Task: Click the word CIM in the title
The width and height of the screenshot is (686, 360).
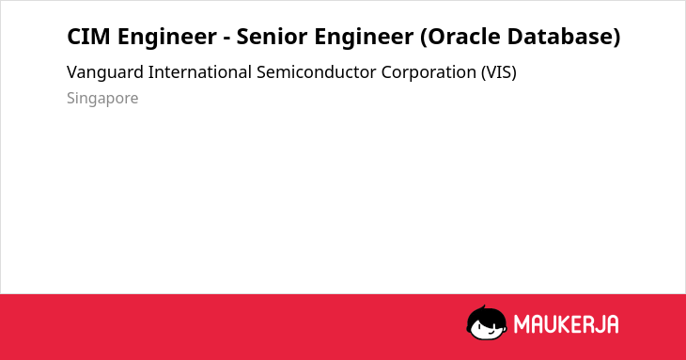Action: point(88,37)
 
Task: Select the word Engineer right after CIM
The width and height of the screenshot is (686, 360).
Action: point(167,37)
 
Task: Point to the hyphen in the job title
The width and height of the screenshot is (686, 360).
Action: point(226,39)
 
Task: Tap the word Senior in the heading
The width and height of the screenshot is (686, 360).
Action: point(273,37)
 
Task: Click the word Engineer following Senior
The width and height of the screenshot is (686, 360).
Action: point(364,37)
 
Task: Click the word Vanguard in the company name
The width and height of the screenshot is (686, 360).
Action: point(105,72)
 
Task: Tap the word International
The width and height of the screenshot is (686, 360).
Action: point(200,72)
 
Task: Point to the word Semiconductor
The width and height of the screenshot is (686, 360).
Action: point(317,72)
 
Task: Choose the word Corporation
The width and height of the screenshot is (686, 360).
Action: point(429,72)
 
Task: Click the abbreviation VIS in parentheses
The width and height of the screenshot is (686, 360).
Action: point(499,72)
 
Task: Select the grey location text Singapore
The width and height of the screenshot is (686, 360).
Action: point(102,99)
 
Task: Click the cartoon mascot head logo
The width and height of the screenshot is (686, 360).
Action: point(487,322)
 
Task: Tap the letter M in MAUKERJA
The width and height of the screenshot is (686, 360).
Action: point(522,324)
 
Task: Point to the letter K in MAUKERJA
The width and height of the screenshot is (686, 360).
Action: point(564,324)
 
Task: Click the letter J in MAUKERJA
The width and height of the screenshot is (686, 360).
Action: point(598,324)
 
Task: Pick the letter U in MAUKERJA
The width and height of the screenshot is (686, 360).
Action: point(550,324)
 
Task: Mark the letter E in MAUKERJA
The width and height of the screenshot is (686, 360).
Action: point(575,324)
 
